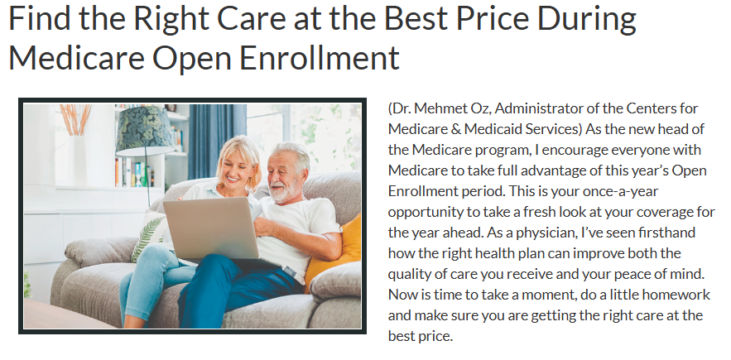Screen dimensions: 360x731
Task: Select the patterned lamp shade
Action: [x=146, y=132]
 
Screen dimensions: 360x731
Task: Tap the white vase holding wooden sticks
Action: [x=76, y=158]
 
